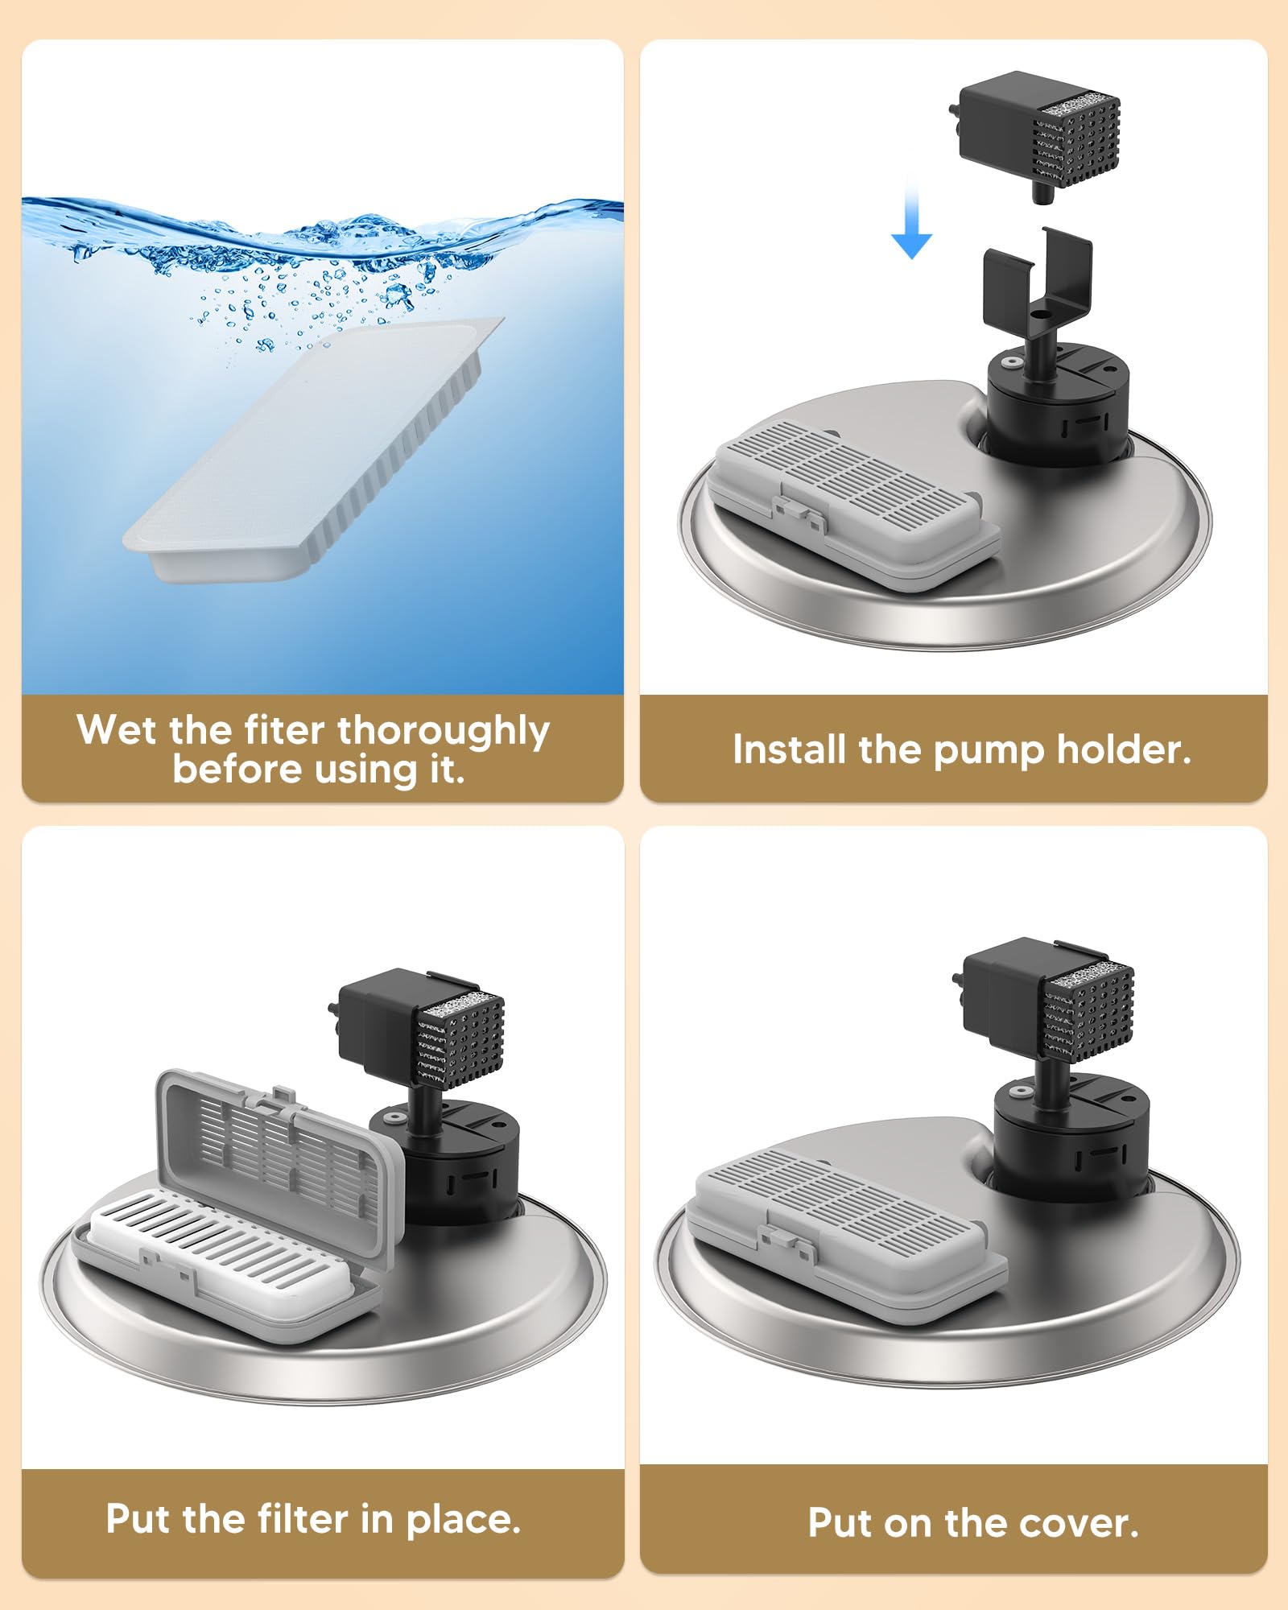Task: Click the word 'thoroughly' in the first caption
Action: click(444, 733)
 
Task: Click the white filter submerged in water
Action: click(314, 448)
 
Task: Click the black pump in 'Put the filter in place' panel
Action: click(419, 1030)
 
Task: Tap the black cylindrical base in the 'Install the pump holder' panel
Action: click(1058, 402)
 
